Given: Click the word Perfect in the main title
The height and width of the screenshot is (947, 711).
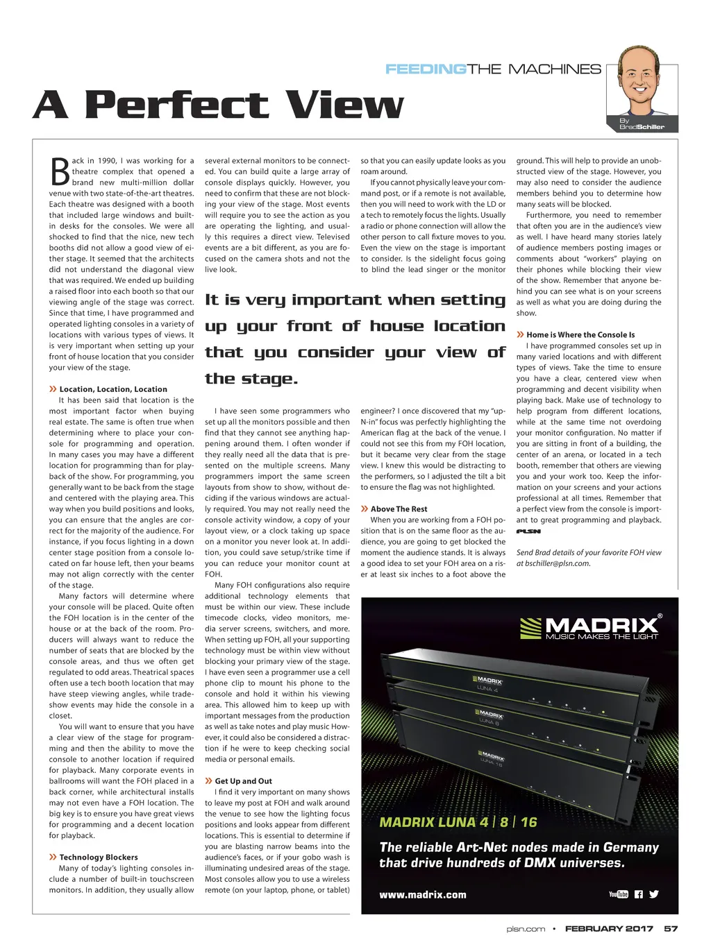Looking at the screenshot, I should coord(176,105).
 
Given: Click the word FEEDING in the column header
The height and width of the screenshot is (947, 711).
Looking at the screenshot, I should coord(426,69).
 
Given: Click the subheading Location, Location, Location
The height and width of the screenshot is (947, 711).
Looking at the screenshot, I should coord(112,389).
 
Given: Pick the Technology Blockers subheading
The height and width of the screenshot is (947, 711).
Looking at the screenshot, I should coord(98,858).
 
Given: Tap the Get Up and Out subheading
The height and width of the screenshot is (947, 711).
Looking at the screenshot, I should coord(243,781).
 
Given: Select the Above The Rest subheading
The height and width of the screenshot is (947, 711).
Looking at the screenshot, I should coord(399,509).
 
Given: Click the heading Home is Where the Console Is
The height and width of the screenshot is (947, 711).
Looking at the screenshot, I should coord(580,334).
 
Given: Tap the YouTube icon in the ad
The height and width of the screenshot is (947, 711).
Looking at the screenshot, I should coord(618,894).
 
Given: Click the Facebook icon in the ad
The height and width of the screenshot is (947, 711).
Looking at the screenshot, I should coord(639,894).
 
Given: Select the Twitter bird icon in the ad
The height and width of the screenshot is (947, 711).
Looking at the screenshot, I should coord(654,894).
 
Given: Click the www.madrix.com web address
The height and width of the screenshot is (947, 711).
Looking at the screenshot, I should coord(423,895).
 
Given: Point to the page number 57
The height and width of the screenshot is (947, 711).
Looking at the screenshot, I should coord(671,928).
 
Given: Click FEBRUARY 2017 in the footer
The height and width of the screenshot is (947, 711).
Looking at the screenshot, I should coord(609,928).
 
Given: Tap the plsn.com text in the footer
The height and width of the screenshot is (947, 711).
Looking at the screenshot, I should coord(526,928).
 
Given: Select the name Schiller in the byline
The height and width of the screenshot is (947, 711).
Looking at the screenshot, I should coord(651,127).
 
